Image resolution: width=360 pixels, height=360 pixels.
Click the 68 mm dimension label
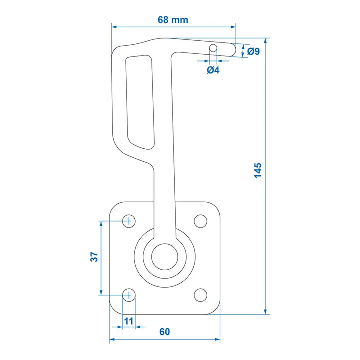click(x=173, y=20)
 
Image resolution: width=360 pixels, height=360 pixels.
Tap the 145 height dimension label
click(x=258, y=170)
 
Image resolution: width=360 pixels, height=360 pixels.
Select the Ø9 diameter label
click(x=253, y=51)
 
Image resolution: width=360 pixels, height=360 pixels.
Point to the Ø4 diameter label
click(x=213, y=70)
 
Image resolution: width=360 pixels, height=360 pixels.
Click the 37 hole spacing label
click(x=94, y=257)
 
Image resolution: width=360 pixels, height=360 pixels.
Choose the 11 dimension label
click(x=129, y=321)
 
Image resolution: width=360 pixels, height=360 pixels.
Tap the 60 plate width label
click(x=165, y=332)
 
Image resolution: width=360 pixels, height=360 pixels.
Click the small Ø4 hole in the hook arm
click(x=213, y=48)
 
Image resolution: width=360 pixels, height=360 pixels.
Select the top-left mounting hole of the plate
click(x=129, y=221)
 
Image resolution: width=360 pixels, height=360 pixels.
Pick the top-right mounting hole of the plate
click(x=200, y=221)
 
